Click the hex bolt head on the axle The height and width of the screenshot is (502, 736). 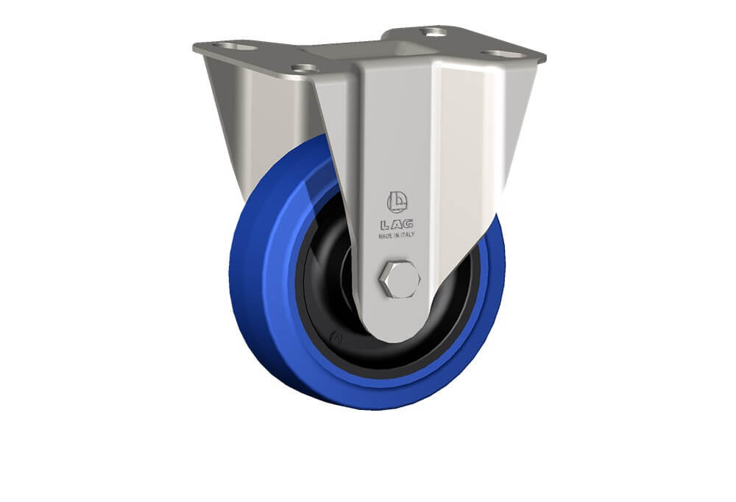pyautogui.click(x=400, y=279)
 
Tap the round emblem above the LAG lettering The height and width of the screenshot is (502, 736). pyautogui.click(x=397, y=202)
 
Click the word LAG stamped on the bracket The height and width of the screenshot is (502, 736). pyautogui.click(x=397, y=225)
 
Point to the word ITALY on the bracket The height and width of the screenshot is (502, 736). pyautogui.click(x=408, y=235)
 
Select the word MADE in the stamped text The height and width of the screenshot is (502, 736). pyautogui.click(x=386, y=236)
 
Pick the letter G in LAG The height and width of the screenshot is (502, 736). pyautogui.click(x=408, y=224)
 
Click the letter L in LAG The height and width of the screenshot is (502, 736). pyautogui.click(x=385, y=225)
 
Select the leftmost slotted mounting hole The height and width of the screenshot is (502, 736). pyautogui.click(x=235, y=47)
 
